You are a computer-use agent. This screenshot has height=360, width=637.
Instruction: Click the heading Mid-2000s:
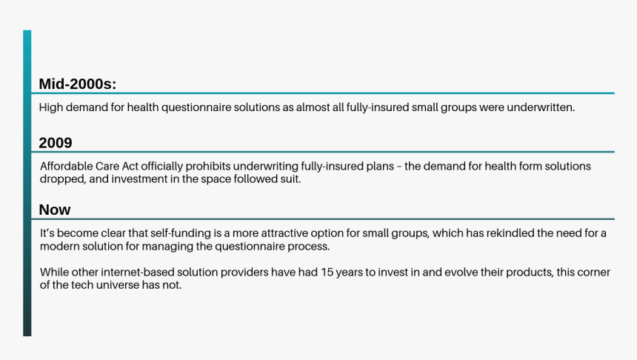pos(78,84)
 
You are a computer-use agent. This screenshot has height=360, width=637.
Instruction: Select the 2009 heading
pos(56,143)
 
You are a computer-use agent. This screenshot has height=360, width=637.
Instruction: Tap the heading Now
pos(55,210)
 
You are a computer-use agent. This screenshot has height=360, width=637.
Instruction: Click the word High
pos(51,107)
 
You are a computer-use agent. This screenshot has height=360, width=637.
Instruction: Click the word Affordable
pos(66,166)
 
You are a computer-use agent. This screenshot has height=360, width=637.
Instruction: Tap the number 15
pos(327,273)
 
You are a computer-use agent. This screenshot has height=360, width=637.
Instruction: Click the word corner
pos(595,273)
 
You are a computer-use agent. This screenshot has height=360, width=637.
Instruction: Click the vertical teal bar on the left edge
pos(27,183)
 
